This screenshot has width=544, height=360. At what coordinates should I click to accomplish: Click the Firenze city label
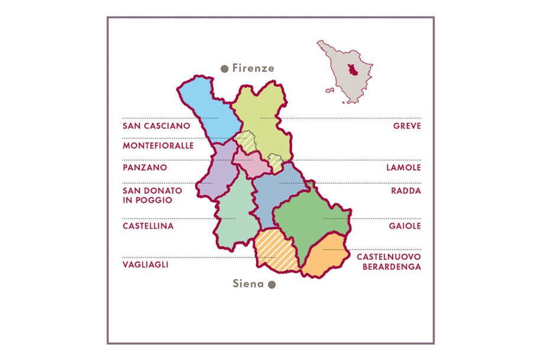pyautogui.click(x=253, y=68)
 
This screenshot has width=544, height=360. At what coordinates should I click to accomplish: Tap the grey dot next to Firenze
pyautogui.click(x=224, y=69)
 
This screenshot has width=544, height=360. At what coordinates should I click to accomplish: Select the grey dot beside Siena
pyautogui.click(x=272, y=284)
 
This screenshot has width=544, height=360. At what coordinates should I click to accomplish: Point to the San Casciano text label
pyautogui.click(x=156, y=126)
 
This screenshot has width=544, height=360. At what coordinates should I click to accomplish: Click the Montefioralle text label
pyautogui.click(x=158, y=145)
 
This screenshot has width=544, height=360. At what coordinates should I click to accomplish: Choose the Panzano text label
pyautogui.click(x=144, y=168)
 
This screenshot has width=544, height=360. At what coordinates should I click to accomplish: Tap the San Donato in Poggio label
pyautogui.click(x=152, y=196)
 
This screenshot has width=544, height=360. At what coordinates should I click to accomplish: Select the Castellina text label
pyautogui.click(x=148, y=226)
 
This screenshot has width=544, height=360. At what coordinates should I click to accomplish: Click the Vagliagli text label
pyautogui.click(x=145, y=265)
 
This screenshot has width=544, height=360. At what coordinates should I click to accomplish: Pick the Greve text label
pyautogui.click(x=407, y=126)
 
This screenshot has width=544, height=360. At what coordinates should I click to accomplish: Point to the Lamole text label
pyautogui.click(x=403, y=168)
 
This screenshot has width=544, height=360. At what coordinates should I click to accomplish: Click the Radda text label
pyautogui.click(x=406, y=191)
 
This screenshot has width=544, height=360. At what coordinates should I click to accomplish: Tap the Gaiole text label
pyautogui.click(x=405, y=226)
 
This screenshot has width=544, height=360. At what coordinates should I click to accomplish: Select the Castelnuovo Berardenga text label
pyautogui.click(x=388, y=262)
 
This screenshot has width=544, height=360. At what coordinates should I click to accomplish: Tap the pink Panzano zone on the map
pyautogui.click(x=251, y=164)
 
